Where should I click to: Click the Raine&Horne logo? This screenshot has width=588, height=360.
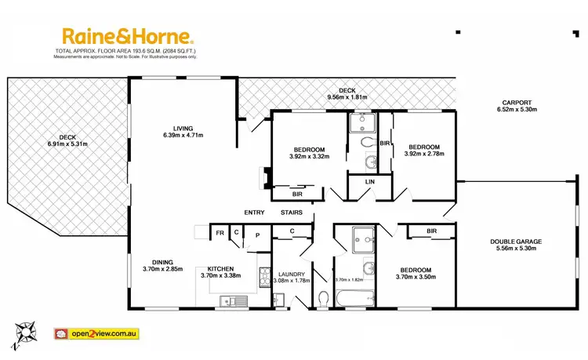(x=127, y=36)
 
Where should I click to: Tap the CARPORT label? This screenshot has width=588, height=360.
(x=515, y=102)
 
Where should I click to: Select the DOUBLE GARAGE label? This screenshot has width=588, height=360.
(x=516, y=242)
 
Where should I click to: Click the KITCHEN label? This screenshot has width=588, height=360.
(x=220, y=268)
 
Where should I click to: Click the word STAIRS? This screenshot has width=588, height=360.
(x=291, y=213)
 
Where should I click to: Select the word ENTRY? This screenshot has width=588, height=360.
(x=254, y=213)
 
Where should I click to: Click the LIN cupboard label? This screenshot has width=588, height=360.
(x=368, y=183)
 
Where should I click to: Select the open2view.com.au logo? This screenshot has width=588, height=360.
(x=96, y=333)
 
